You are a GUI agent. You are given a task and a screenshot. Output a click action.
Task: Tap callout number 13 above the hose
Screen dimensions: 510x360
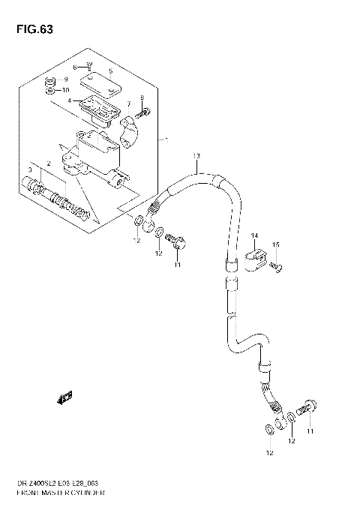coord(196,156)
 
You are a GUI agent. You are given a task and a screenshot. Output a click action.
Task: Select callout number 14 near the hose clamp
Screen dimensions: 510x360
coord(254,235)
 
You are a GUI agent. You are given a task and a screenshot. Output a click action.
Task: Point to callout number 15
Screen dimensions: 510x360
coord(275,245)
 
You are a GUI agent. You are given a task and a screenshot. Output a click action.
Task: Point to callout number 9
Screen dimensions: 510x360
coord(65,79)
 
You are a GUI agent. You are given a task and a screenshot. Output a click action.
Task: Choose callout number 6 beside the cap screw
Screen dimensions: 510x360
coord(74,67)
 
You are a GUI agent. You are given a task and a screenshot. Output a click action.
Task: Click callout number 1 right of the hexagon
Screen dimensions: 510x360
coord(166,139)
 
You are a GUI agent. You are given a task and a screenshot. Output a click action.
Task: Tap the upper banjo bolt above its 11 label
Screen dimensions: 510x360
coord(179,242)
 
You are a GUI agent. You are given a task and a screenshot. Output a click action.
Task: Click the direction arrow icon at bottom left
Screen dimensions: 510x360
coord(65,397)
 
